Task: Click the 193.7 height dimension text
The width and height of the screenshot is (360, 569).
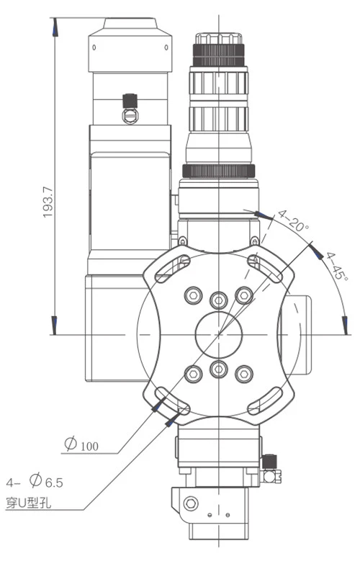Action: click(x=48, y=202)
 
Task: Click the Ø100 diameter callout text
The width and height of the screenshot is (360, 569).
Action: click(x=81, y=444)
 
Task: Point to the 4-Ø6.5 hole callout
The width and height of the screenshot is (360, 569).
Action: click(x=35, y=482)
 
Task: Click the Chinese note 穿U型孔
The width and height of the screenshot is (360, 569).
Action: click(x=28, y=503)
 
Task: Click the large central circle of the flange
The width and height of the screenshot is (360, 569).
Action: click(x=219, y=334)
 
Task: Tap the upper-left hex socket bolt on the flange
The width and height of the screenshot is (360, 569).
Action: click(x=194, y=295)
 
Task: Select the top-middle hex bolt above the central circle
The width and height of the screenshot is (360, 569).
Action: click(x=219, y=300)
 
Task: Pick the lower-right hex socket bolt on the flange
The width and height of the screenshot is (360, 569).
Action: click(x=244, y=374)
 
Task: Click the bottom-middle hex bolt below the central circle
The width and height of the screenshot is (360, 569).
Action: click(x=219, y=369)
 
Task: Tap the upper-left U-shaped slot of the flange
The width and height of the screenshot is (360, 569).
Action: click(x=172, y=268)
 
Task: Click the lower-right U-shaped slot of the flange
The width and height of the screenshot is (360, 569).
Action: click(x=265, y=400)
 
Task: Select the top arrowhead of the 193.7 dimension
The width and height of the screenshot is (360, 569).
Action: click(x=55, y=27)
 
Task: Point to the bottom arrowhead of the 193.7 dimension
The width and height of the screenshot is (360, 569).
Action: click(x=55, y=325)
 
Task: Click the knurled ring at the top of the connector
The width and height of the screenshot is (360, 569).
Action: click(x=218, y=55)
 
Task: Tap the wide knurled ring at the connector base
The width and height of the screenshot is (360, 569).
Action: click(x=218, y=171)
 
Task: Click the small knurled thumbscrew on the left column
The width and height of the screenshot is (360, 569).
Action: click(x=130, y=101)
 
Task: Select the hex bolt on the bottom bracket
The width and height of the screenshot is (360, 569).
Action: click(x=191, y=503)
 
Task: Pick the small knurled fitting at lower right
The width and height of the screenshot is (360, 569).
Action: click(x=270, y=461)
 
